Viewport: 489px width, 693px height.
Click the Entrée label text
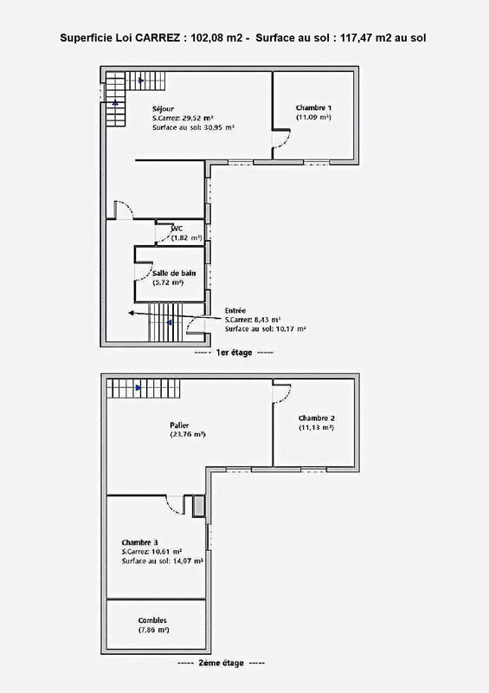pos(235,309)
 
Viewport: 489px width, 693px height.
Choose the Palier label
pos(180,424)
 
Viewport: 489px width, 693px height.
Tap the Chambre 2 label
pos(316,418)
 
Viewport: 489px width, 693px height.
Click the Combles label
pos(152,620)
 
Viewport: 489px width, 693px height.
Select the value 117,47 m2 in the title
pos(353,38)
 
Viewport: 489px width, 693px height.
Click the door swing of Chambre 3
pos(176,505)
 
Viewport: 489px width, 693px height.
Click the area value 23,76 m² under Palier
pos(187,435)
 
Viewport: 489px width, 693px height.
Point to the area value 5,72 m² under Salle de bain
pos(166,282)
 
